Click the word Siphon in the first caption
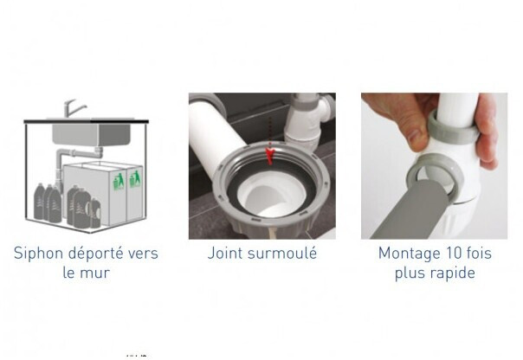(x=38, y=254)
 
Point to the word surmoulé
(x=282, y=253)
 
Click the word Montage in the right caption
(x=405, y=254)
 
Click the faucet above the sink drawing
(x=74, y=107)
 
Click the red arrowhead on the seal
(x=270, y=156)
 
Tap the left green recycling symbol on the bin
(x=119, y=181)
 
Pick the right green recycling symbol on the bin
(x=135, y=179)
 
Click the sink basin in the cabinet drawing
(x=92, y=134)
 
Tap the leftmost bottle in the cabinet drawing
(x=39, y=202)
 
